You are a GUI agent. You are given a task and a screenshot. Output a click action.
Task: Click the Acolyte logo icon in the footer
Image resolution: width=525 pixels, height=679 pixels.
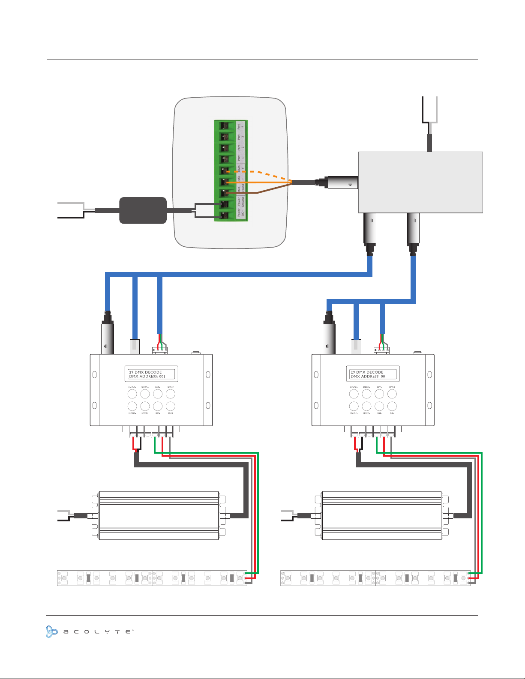(x=52, y=631)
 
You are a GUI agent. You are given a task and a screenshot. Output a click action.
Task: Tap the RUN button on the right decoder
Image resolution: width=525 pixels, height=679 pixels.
(x=392, y=406)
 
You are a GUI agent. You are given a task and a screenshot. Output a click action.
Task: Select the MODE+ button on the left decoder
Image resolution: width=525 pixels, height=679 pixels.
(x=132, y=394)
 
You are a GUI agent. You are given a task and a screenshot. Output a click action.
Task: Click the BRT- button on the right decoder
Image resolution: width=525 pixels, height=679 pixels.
(x=379, y=406)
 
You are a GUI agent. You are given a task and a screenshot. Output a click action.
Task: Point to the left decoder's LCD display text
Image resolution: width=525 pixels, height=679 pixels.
(x=151, y=374)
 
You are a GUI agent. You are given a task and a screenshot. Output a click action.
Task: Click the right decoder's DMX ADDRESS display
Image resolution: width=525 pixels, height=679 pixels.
(x=369, y=377)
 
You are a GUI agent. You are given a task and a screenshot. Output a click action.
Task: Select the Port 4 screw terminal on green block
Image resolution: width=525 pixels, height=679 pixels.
(x=224, y=126)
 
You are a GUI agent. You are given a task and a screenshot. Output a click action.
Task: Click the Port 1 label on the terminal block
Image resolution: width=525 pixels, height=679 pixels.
(x=240, y=159)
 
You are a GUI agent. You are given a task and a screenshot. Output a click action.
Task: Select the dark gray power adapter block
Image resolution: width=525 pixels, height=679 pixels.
(x=143, y=210)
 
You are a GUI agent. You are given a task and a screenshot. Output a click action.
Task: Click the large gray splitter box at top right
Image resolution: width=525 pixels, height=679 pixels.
(x=420, y=182)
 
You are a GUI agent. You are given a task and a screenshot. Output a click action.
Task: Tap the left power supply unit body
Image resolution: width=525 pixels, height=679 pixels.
(x=159, y=515)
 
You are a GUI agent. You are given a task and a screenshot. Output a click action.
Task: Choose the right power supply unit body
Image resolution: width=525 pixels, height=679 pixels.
(x=382, y=515)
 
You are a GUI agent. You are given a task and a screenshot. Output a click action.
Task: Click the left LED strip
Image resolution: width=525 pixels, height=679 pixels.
(x=152, y=577)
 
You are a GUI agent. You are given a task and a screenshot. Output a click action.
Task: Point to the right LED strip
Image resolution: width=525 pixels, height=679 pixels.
(x=375, y=577)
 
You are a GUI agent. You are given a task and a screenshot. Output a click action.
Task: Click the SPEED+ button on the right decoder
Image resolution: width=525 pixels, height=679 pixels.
(x=366, y=394)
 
